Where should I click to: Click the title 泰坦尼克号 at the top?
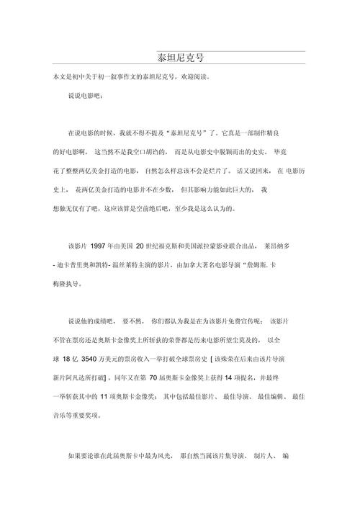tap(180, 57)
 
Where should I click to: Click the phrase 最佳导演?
tap(215, 397)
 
